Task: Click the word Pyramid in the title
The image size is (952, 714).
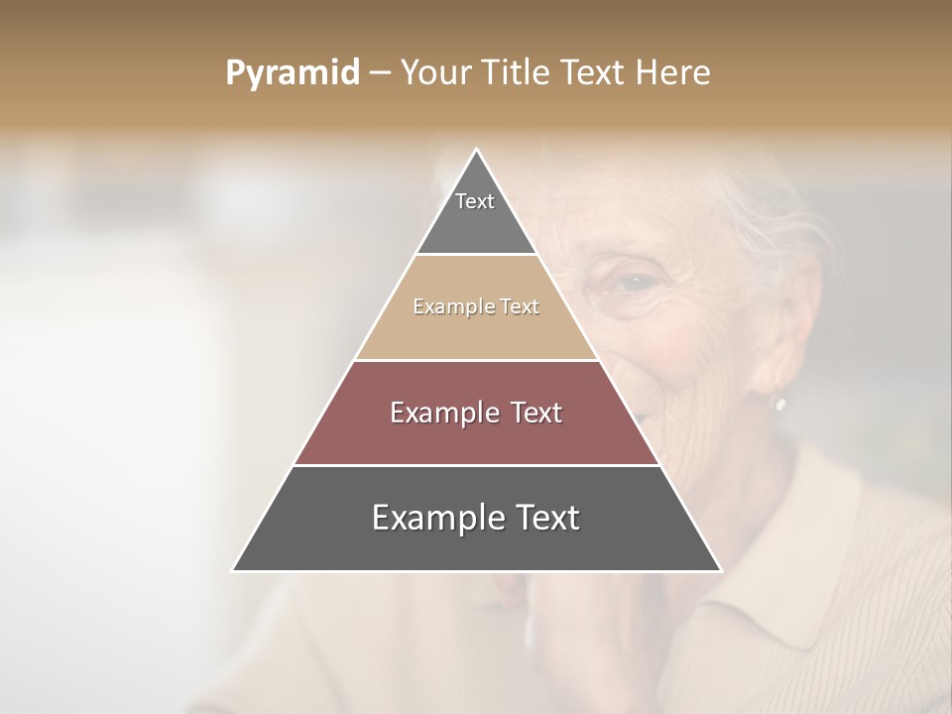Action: (x=292, y=73)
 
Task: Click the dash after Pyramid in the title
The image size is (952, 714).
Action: (x=379, y=73)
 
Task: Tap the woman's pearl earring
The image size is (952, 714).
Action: (x=779, y=404)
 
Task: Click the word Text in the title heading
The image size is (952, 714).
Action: (x=598, y=73)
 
